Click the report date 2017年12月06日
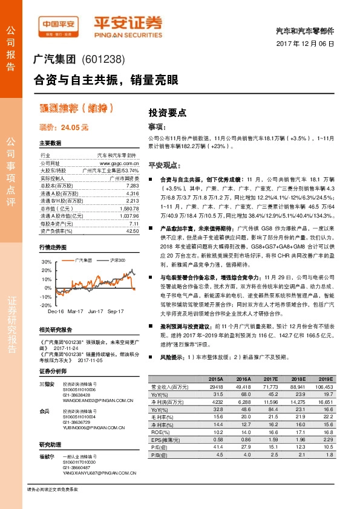(x=309, y=45)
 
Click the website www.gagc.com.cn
(x=120, y=164)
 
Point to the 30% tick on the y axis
(x=47, y=262)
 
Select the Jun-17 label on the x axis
(x=95, y=311)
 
